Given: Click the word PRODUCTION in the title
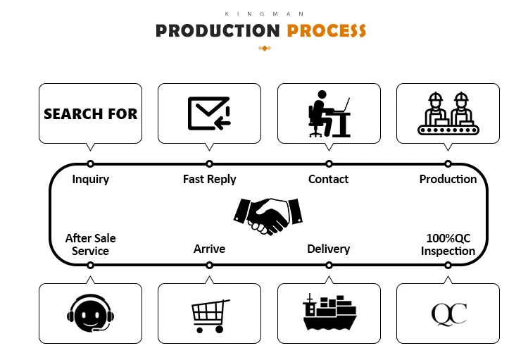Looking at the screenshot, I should tap(218, 31).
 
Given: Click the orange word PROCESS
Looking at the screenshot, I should tap(327, 31).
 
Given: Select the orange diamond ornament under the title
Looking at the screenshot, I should tap(265, 48).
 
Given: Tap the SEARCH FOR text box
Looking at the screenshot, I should tap(90, 113).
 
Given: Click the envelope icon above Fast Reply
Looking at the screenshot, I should tap(209, 113).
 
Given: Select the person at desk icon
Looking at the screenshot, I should tap(329, 113).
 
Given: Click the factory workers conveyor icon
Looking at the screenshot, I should tap(448, 113).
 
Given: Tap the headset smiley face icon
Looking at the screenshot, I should tap(90, 313).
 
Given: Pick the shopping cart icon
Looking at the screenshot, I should tap(210, 315).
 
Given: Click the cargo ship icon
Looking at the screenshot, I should tap(329, 313).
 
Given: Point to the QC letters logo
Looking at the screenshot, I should tap(448, 314).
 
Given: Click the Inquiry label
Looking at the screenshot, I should tap(91, 179).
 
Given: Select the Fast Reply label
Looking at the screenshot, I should tap(209, 179).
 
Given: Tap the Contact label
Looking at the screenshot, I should tap(328, 179).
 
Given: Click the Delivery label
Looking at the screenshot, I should tap(328, 249).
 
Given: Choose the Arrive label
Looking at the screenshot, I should tap(209, 249).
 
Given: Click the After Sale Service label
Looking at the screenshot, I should tap(90, 244).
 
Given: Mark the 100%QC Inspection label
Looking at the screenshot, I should tap(448, 244).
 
